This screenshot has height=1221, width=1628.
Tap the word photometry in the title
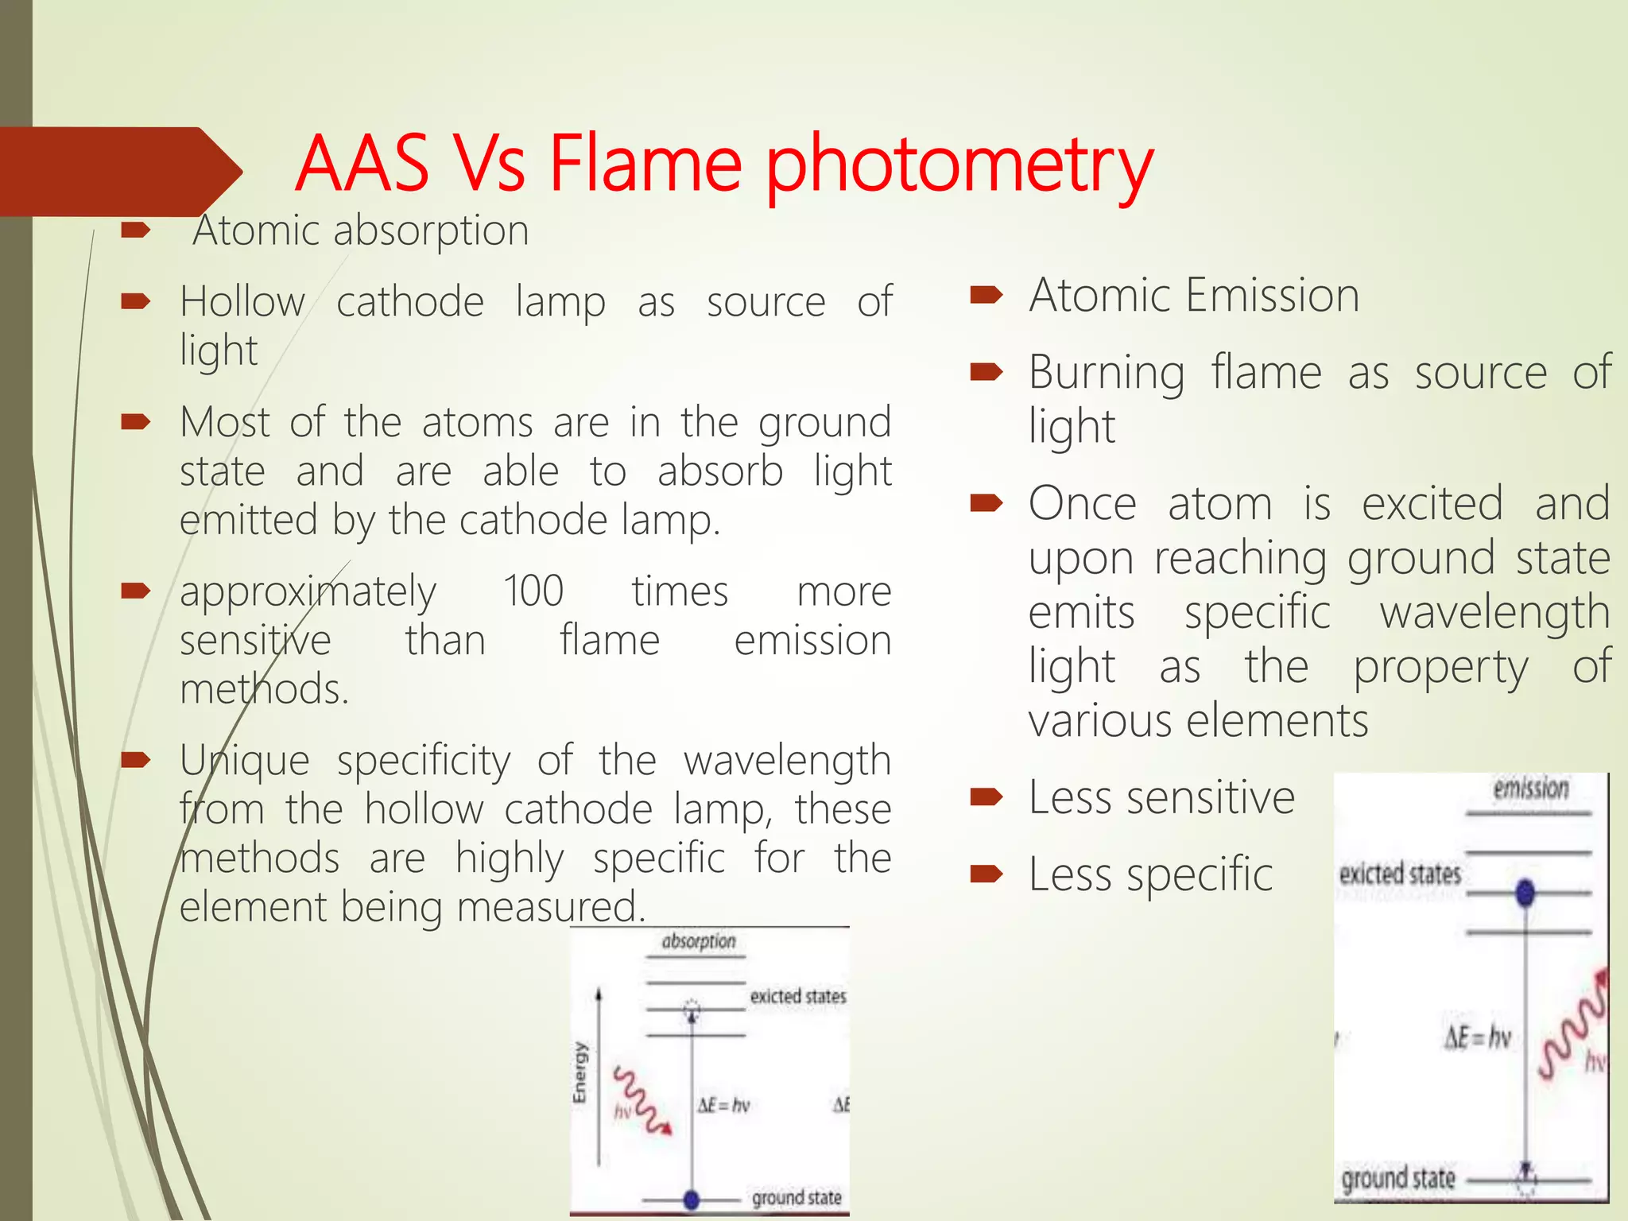(959, 167)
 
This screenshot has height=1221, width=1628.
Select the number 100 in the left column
(533, 591)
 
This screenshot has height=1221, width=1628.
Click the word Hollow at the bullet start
(242, 302)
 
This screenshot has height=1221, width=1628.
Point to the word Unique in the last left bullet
(244, 761)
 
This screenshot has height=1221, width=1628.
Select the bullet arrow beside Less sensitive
(986, 797)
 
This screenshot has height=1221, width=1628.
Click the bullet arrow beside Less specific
(986, 874)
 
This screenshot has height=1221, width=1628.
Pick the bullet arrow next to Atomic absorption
(136, 231)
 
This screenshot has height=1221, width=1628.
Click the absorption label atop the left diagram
(699, 941)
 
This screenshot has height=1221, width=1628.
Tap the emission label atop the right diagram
(1530, 789)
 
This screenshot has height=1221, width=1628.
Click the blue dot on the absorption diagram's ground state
(692, 1199)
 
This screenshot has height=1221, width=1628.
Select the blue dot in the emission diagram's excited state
(1525, 893)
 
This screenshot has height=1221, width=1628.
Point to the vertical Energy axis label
(579, 1072)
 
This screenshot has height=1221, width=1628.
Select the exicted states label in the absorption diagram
(797, 996)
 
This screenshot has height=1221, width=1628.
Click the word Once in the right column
(1082, 504)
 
